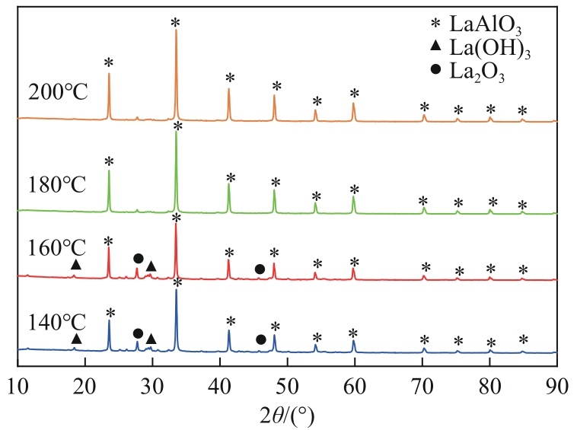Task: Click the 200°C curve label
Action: pos(59,94)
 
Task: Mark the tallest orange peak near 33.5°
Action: pos(176,31)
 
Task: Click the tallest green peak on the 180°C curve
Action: pos(177,135)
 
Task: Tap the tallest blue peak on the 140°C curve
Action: pos(177,291)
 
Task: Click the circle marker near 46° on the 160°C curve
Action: pos(260,269)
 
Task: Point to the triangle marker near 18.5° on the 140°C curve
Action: pos(76,339)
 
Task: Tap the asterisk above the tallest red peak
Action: pos(176,218)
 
